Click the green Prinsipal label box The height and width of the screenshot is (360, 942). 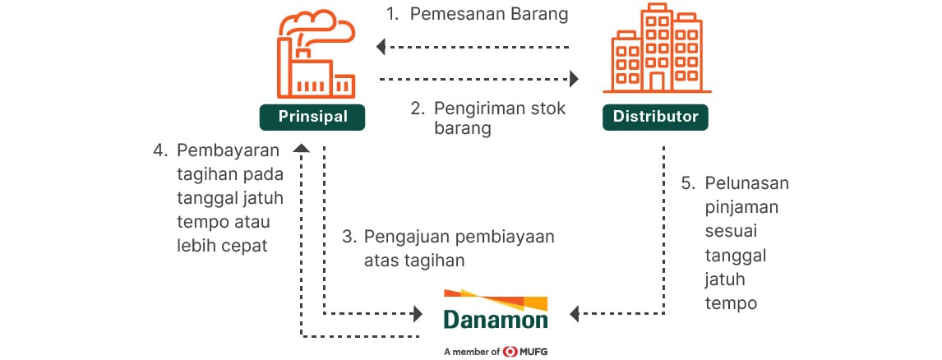[312, 117]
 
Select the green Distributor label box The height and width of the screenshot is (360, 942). [655, 117]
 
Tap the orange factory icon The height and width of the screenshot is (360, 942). [316, 54]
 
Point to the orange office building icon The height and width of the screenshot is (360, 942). [657, 48]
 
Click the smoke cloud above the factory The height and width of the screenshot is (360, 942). [318, 27]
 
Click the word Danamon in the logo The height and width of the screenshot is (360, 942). [496, 320]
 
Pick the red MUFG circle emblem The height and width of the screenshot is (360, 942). [510, 352]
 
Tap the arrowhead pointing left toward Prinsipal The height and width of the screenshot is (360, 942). [381, 46]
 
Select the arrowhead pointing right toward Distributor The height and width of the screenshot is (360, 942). [574, 78]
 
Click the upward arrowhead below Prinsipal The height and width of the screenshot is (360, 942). [301, 148]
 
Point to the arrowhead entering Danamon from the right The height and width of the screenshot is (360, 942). [574, 313]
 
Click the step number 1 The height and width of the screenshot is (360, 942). [392, 15]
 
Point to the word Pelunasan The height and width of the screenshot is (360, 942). [746, 183]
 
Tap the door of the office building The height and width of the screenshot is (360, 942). [657, 82]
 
